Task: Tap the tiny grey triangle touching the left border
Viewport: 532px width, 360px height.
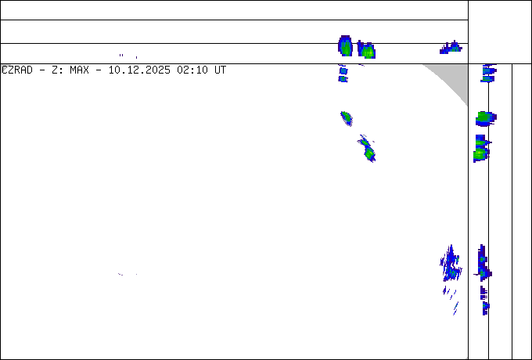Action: pos(3,67)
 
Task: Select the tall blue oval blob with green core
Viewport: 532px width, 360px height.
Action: pos(345,46)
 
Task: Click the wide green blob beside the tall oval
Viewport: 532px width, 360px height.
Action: pos(366,51)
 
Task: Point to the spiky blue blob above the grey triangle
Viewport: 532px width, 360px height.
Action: pos(451,49)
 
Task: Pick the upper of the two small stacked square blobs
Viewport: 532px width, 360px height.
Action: pos(343,69)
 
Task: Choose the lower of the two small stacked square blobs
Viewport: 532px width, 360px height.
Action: pos(343,78)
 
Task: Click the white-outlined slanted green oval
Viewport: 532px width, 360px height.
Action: pos(347,118)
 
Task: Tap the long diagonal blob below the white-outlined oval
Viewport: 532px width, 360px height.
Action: pos(367,148)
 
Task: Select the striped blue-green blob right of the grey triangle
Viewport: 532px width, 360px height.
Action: pos(488,74)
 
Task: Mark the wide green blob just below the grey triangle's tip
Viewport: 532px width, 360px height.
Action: pos(485,118)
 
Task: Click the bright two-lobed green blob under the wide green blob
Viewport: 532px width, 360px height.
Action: pos(480,149)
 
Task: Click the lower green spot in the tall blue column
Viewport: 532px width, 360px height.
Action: pos(484,273)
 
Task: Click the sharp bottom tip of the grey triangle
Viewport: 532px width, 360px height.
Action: pos(467,105)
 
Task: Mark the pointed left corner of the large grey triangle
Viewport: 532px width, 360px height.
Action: pos(424,65)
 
